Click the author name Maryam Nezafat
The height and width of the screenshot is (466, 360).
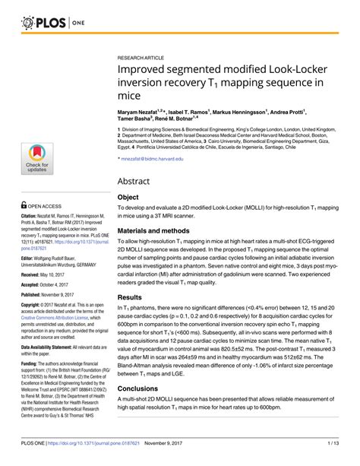point(142,111)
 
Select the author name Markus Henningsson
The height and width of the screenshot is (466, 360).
point(256,111)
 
